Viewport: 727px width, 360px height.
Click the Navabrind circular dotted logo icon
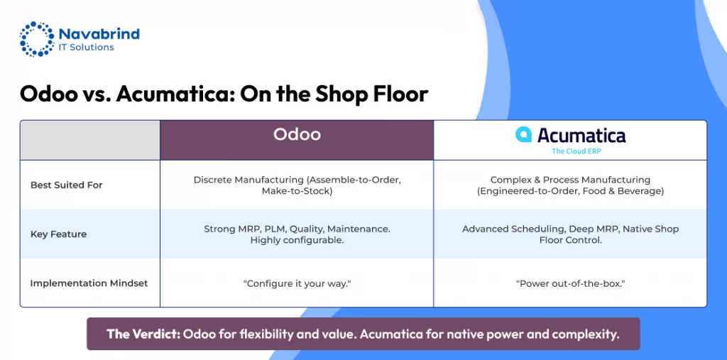coord(37,39)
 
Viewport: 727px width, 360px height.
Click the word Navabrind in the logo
coord(99,33)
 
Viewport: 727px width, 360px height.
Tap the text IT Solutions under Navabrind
coord(86,48)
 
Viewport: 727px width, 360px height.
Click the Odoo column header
coord(297,134)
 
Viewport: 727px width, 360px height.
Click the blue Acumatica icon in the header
coord(523,134)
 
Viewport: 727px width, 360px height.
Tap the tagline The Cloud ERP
coord(576,151)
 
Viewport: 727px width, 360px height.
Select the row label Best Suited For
coord(66,185)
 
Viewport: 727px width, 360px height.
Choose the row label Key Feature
coord(58,234)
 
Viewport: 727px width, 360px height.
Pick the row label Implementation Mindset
coord(89,283)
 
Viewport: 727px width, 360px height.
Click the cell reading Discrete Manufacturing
coord(297,185)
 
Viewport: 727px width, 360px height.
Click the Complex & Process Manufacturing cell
coord(570,185)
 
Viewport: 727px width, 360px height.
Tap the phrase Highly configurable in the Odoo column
coord(297,240)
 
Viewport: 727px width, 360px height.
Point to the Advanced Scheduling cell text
coord(570,234)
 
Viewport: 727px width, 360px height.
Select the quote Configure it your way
coord(297,283)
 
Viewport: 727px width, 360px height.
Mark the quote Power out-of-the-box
coord(570,283)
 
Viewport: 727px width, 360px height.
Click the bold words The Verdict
coord(143,334)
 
